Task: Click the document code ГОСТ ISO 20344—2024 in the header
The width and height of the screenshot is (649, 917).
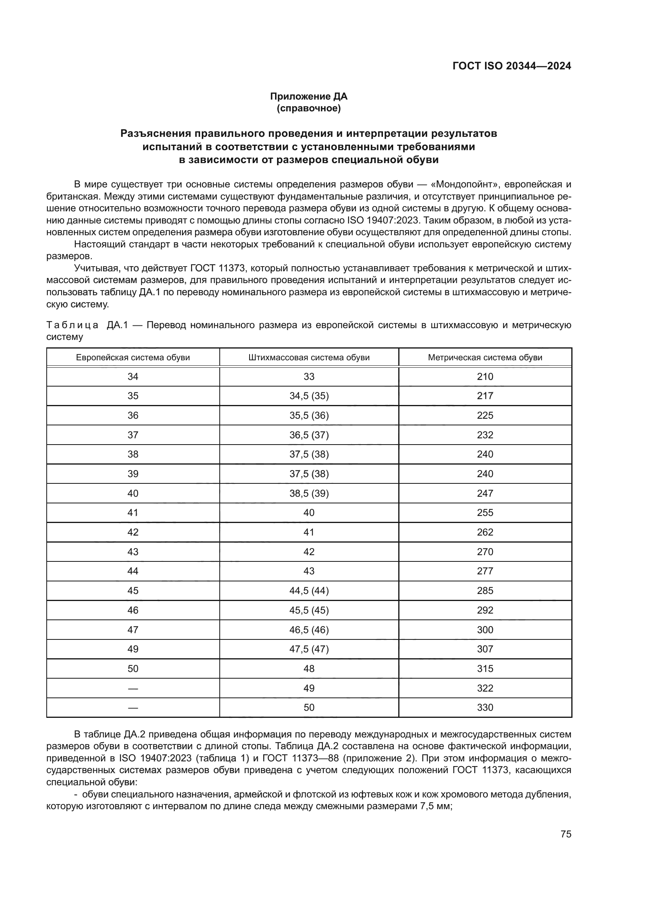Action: (x=512, y=66)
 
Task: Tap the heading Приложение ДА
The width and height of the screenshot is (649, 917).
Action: (x=308, y=96)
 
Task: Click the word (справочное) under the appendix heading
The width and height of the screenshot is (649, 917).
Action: (x=308, y=108)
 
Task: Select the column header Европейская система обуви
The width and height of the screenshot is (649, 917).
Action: (x=133, y=358)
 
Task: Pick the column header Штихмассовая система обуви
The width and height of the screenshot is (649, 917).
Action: (x=309, y=358)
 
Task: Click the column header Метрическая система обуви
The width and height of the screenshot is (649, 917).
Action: (x=485, y=358)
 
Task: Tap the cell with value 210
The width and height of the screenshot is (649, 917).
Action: (x=485, y=377)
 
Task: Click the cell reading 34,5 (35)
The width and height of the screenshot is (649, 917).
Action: (x=309, y=396)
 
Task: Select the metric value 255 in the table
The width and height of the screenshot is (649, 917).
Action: (x=485, y=512)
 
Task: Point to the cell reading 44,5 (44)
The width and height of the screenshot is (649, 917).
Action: (x=309, y=590)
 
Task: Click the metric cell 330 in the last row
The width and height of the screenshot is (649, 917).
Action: (x=485, y=707)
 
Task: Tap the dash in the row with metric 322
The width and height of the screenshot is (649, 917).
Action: (x=133, y=688)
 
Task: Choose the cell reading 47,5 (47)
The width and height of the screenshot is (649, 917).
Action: (x=309, y=649)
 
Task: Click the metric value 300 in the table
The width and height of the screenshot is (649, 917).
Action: (x=485, y=630)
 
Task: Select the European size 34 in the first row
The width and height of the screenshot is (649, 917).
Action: (x=133, y=377)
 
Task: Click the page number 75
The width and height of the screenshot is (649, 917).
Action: (x=566, y=834)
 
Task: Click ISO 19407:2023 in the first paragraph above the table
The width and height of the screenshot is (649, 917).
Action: (x=383, y=220)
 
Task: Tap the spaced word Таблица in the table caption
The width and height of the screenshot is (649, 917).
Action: (x=72, y=325)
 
